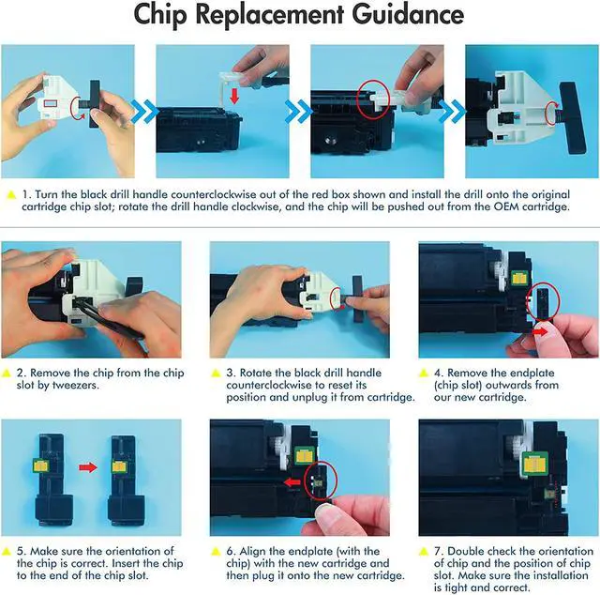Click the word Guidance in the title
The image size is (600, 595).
click(x=408, y=14)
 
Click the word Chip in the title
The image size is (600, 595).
click(x=160, y=15)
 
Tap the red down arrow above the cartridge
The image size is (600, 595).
click(x=234, y=96)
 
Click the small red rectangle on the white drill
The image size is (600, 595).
click(x=51, y=102)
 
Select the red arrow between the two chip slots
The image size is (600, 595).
click(x=88, y=467)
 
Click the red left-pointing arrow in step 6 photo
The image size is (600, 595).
click(x=292, y=482)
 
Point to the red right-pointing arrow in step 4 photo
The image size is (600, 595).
click(x=540, y=331)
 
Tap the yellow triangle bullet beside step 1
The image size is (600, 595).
click(x=11, y=194)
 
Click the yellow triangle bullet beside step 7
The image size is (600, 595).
click(x=423, y=552)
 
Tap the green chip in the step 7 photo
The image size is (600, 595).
click(x=534, y=464)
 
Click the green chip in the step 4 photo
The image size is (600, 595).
click(x=518, y=278)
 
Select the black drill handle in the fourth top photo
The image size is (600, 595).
click(x=573, y=118)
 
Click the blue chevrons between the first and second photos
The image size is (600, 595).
click(x=145, y=112)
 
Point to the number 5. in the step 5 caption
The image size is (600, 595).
click(x=22, y=551)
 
